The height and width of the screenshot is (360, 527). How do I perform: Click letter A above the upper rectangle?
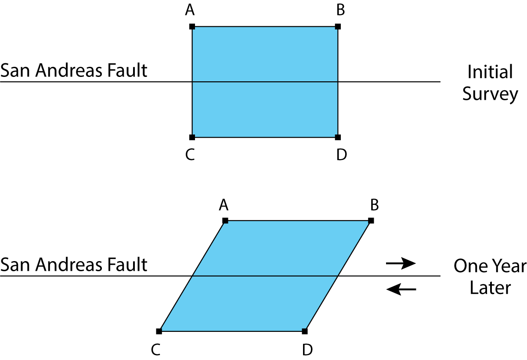tap(190, 10)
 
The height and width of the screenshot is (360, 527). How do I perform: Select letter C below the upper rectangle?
tap(190, 155)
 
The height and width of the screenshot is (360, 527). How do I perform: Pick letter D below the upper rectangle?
tap(342, 155)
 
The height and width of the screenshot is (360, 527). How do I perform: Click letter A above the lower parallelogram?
tap(224, 204)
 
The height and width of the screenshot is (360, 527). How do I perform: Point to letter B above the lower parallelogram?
tap(375, 204)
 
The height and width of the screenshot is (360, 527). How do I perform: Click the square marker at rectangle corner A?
tap(192, 27)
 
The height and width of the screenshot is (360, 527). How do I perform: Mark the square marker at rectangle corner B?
tap(338, 27)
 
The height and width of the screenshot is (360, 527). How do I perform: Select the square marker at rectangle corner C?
tap(192, 137)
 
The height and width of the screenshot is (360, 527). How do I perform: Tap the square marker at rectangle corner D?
tap(338, 137)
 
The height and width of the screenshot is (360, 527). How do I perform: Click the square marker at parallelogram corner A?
tap(225, 220)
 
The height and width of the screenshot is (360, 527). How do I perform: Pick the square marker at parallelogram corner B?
tap(371, 220)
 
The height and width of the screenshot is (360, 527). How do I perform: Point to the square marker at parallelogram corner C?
tap(159, 331)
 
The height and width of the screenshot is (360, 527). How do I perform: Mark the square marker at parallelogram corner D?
tap(305, 331)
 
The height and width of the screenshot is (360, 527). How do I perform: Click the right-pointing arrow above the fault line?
tap(401, 263)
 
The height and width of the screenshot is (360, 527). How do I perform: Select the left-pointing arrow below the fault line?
tap(401, 289)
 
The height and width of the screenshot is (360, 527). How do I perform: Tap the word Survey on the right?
tap(490, 95)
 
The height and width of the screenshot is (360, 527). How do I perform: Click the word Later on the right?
tap(490, 288)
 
